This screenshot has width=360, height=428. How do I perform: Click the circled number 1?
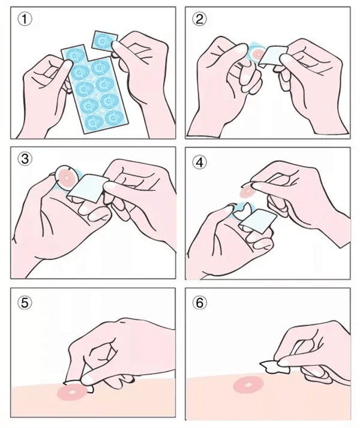[x=25, y=19]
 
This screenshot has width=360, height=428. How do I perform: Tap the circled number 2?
[x=200, y=19]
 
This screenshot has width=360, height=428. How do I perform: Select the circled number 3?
[x=25, y=159]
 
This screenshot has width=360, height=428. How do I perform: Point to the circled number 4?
[x=200, y=163]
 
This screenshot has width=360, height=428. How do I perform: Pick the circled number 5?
[x=25, y=303]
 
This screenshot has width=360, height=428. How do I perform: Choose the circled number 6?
[x=200, y=303]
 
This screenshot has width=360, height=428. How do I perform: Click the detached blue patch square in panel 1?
[x=104, y=41]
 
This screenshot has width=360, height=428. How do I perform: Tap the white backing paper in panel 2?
[x=272, y=56]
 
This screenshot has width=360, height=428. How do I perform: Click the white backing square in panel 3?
[x=88, y=188]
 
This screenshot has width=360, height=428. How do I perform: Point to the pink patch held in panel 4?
[x=247, y=191]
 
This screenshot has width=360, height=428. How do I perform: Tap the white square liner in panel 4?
[x=258, y=221]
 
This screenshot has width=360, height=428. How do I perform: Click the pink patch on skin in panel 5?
[x=73, y=392]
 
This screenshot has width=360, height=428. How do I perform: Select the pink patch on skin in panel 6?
[x=248, y=385]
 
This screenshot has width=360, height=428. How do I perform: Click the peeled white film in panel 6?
[x=275, y=367]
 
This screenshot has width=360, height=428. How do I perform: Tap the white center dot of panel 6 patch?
[x=248, y=385]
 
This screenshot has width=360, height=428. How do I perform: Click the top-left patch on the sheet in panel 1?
[x=74, y=55]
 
